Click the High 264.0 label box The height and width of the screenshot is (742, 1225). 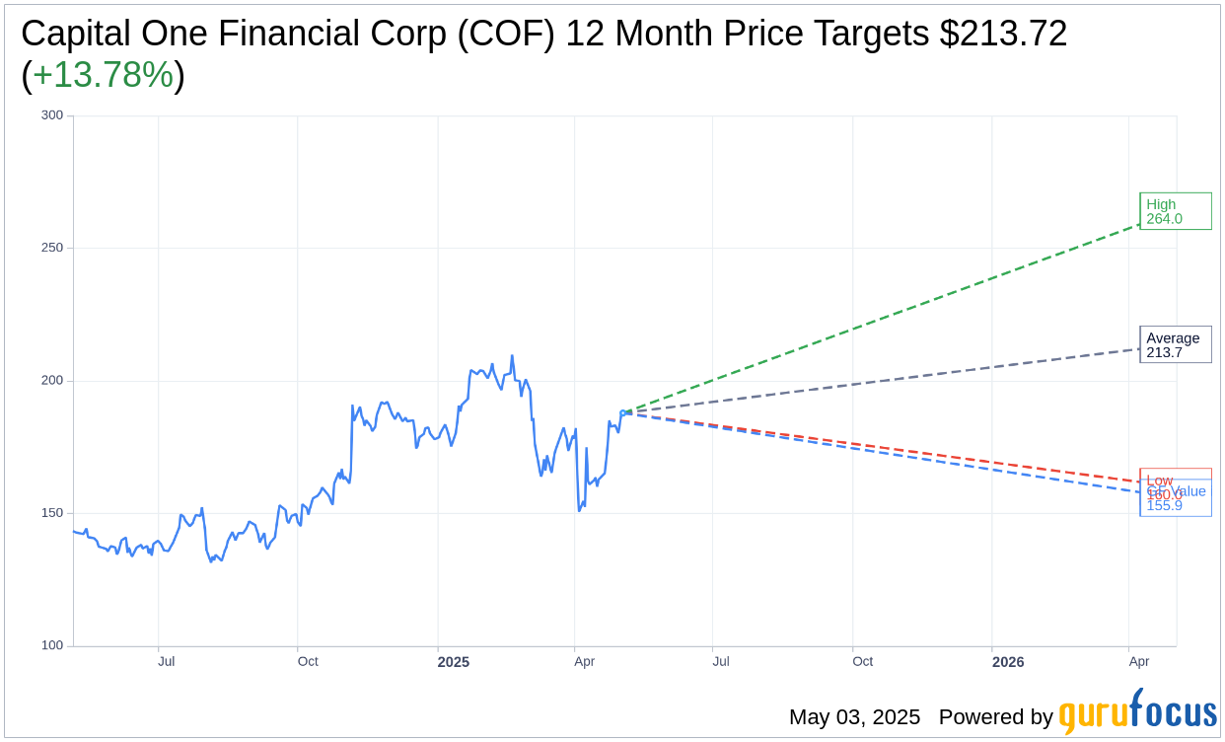click(x=1175, y=211)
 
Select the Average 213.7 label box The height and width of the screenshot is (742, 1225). click(x=1175, y=344)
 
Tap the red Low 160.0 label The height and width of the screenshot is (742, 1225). click(x=1160, y=480)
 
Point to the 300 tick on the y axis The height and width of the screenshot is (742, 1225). click(x=52, y=114)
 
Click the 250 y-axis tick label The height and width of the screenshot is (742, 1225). click(x=52, y=248)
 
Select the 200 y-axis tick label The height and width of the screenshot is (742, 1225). click(x=52, y=380)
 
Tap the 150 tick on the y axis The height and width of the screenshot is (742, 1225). click(x=52, y=513)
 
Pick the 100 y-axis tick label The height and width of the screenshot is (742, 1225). click(x=52, y=645)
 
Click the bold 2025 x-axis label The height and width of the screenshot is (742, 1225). click(x=454, y=662)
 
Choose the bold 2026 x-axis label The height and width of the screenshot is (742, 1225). click(x=1008, y=662)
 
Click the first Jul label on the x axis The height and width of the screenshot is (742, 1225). click(x=167, y=661)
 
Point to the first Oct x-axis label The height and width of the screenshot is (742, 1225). click(x=308, y=661)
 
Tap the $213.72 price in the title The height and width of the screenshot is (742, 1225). click(x=1003, y=34)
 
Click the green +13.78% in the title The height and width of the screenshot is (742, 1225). click(x=104, y=75)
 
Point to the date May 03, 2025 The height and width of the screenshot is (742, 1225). click(x=854, y=717)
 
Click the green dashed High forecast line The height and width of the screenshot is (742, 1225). click(x=888, y=317)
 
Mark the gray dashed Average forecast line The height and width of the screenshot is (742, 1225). click(x=888, y=381)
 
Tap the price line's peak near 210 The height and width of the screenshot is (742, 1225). click(x=512, y=356)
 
